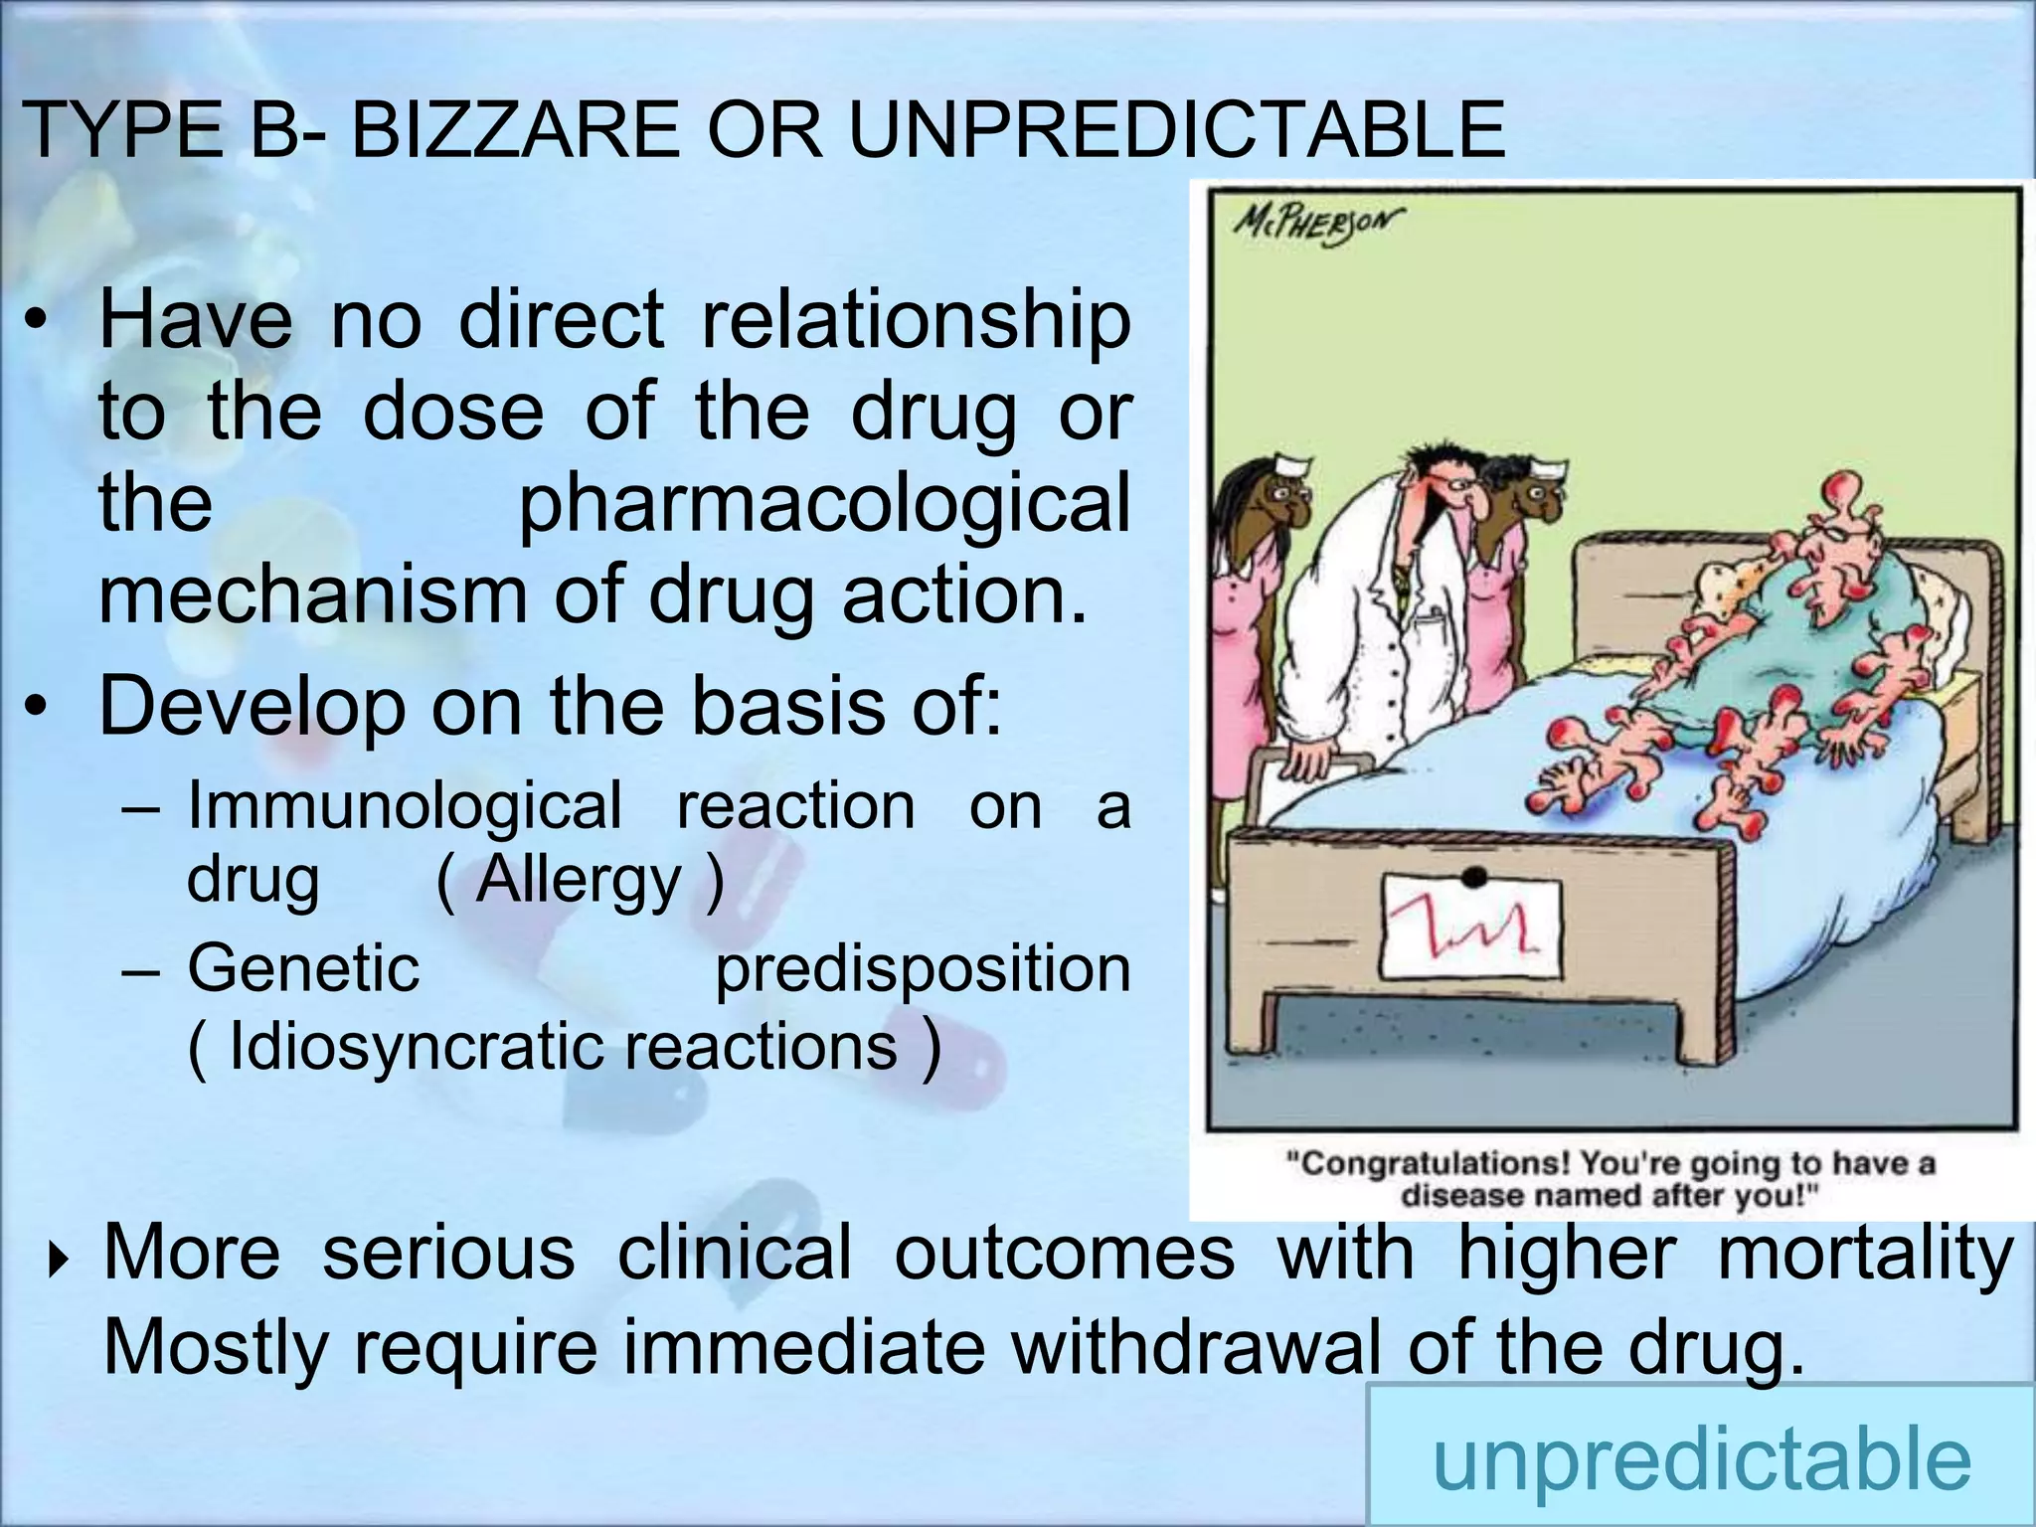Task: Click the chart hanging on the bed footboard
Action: point(1470,927)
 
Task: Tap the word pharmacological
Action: point(824,502)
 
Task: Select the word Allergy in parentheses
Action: point(578,879)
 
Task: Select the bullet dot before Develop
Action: point(37,707)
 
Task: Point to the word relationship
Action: point(916,320)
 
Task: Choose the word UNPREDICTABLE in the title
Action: point(1177,129)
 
